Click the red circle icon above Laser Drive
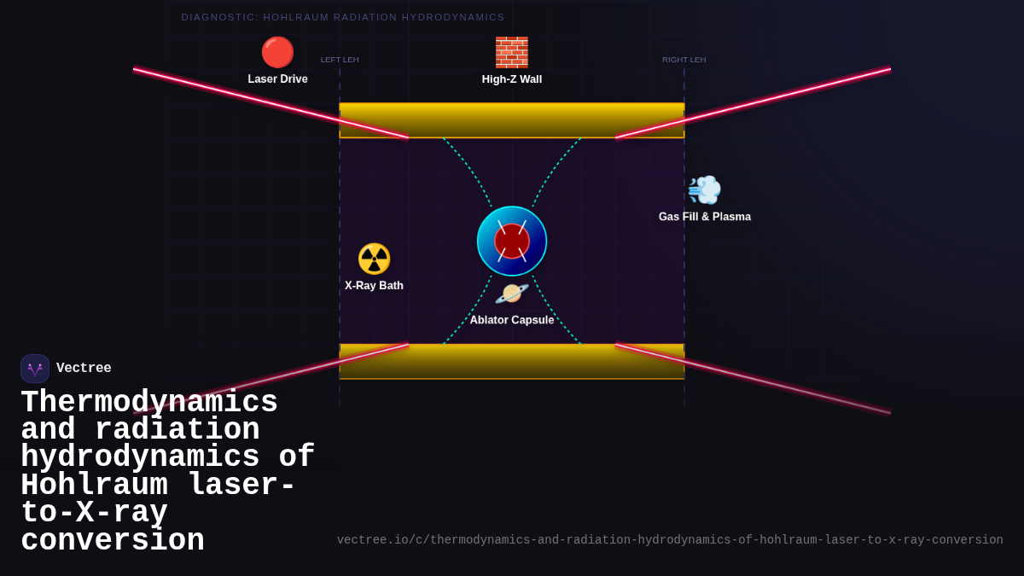click(x=277, y=52)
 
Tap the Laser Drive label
click(x=277, y=79)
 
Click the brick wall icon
click(x=512, y=52)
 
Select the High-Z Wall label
click(x=512, y=79)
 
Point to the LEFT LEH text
click(x=340, y=60)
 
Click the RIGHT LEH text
click(x=684, y=60)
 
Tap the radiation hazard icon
click(x=374, y=259)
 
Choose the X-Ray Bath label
click(x=374, y=286)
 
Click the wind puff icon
click(x=705, y=189)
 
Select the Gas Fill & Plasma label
click(x=705, y=217)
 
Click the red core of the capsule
click(x=512, y=241)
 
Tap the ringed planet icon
click(x=512, y=294)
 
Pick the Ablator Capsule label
click(x=512, y=320)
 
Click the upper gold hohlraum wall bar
click(x=512, y=120)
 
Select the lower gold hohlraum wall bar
click(x=512, y=362)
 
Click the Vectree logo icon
click(x=35, y=369)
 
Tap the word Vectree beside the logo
click(x=84, y=369)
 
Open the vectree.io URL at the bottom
click(x=670, y=540)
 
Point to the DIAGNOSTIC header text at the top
click(x=343, y=17)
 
